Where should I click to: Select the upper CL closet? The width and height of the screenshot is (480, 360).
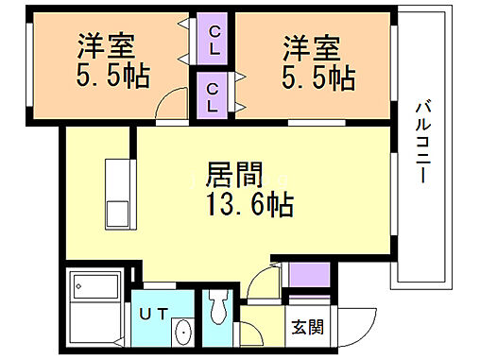[x=214, y=40]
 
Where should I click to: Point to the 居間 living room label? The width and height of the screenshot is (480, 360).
[x=234, y=176]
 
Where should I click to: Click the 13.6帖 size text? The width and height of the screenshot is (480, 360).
[x=249, y=203]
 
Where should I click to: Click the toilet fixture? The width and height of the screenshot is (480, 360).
[x=218, y=308]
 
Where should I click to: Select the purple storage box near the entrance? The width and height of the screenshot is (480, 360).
[x=308, y=275]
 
